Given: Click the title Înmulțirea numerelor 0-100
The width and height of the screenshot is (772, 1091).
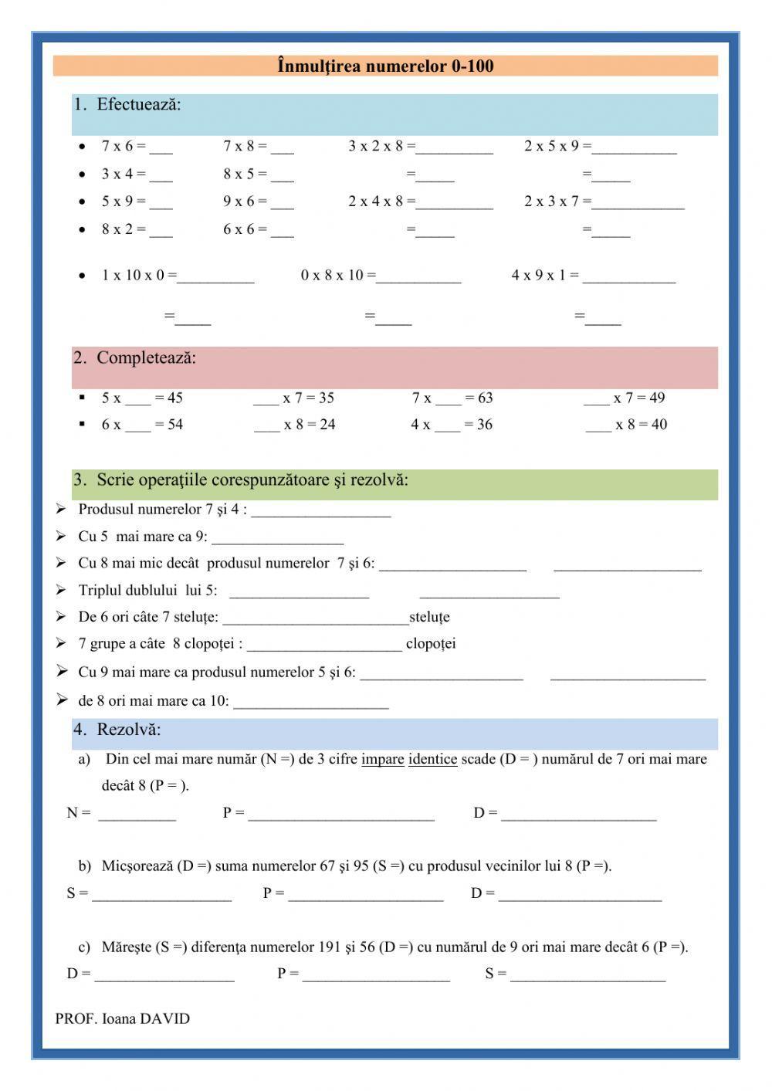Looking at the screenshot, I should point(385,66).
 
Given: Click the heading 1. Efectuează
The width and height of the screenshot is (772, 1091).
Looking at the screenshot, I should point(128,104).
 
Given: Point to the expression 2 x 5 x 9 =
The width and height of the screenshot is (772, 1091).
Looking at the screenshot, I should point(557,146).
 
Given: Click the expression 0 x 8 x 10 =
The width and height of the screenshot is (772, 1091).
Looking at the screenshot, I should point(338,276).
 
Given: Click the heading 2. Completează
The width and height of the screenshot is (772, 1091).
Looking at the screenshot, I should point(135,358).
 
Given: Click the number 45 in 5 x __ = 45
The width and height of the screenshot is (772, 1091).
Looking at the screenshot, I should point(174,398).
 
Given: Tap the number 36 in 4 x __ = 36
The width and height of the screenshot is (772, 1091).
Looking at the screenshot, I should point(484,425).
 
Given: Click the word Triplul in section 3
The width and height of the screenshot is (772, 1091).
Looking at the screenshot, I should point(101,591).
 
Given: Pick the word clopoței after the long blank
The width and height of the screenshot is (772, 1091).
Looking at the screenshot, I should point(431,644).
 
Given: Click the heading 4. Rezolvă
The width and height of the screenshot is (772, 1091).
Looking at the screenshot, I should point(118,730).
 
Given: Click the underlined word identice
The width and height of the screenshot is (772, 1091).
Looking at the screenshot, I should point(432,760).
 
